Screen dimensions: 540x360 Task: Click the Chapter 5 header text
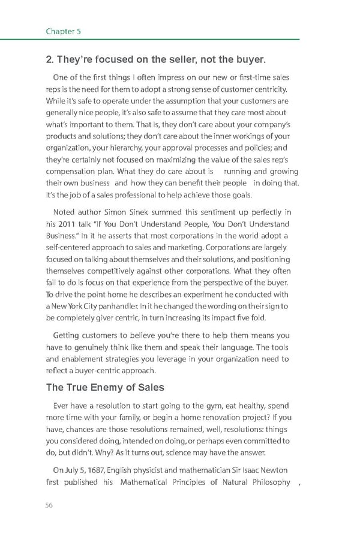pos(63,31)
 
